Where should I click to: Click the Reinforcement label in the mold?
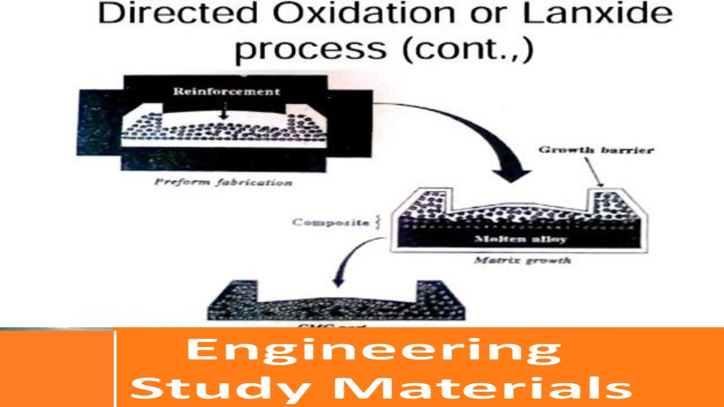[x=226, y=92]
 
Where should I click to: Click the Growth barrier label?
[x=596, y=150]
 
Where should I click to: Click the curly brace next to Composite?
[x=378, y=222]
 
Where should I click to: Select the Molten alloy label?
[x=521, y=239]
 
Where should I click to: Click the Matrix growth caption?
[x=522, y=261]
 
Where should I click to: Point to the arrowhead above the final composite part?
[x=338, y=280]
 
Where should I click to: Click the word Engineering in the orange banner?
[x=373, y=350]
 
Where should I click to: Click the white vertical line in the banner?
[x=115, y=367]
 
